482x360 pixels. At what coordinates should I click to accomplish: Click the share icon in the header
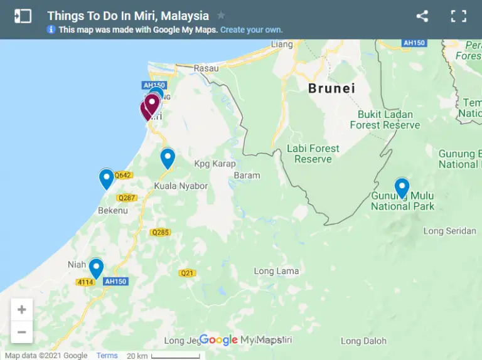click(x=422, y=16)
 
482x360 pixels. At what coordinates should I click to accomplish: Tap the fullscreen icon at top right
click(x=459, y=16)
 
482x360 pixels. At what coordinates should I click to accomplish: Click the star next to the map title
click(x=221, y=16)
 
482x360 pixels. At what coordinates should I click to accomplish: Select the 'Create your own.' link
click(x=251, y=29)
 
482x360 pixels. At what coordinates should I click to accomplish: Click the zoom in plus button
click(x=22, y=309)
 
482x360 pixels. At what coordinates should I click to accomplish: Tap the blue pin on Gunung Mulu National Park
click(x=402, y=188)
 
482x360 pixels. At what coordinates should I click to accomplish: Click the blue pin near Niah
click(x=96, y=268)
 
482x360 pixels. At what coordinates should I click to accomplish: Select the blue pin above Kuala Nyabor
click(x=168, y=158)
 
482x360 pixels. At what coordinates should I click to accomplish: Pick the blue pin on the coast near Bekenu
click(x=107, y=179)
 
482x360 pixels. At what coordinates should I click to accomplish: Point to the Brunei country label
click(x=331, y=88)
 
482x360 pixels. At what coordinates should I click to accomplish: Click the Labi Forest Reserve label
click(x=313, y=154)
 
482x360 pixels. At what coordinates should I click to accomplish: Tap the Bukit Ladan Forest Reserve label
click(x=385, y=119)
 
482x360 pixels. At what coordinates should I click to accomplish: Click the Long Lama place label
click(x=276, y=271)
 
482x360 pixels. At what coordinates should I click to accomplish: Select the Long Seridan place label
click(x=449, y=231)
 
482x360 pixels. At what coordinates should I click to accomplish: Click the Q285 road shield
click(x=160, y=232)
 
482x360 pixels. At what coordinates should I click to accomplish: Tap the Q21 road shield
click(x=187, y=273)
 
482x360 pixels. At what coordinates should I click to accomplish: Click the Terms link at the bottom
click(x=107, y=356)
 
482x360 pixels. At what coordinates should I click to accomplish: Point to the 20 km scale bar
click(x=166, y=356)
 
